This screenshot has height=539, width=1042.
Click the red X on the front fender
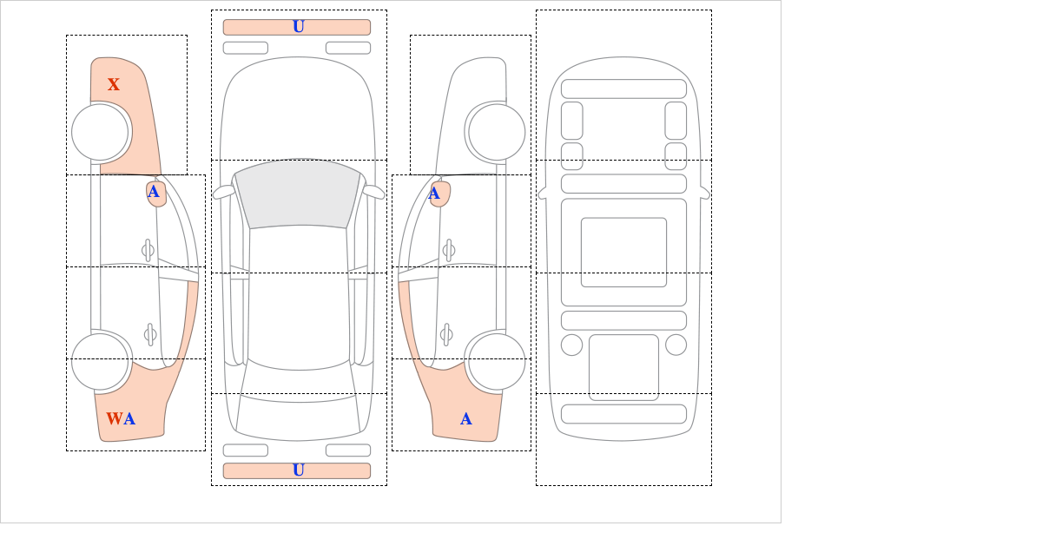tap(114, 85)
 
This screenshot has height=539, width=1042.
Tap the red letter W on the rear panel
tap(115, 418)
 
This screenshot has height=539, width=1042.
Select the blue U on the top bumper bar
tap(299, 27)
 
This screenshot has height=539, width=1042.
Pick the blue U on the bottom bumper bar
tap(299, 470)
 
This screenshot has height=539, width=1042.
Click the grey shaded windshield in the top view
tap(298, 193)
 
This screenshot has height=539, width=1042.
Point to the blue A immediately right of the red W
tap(129, 419)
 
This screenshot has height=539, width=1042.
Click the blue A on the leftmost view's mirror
tap(154, 192)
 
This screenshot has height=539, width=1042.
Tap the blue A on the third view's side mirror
tap(434, 194)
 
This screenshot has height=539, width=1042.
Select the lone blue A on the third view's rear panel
tap(466, 419)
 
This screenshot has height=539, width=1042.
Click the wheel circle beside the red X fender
tap(100, 132)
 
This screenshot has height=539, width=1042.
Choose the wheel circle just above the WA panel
tap(100, 361)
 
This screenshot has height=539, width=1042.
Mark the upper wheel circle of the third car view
tap(497, 132)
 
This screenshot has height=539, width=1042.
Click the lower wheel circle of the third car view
tap(497, 361)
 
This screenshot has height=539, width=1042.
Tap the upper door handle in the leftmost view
tap(148, 251)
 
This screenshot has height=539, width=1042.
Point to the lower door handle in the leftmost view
tap(150, 334)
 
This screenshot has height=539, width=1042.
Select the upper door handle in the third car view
tap(449, 251)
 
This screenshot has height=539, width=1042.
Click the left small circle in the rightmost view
tap(571, 345)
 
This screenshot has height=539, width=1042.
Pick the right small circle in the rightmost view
tap(676, 345)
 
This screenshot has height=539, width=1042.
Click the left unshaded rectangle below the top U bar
tap(246, 48)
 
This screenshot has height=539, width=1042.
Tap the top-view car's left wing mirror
tap(223, 192)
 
